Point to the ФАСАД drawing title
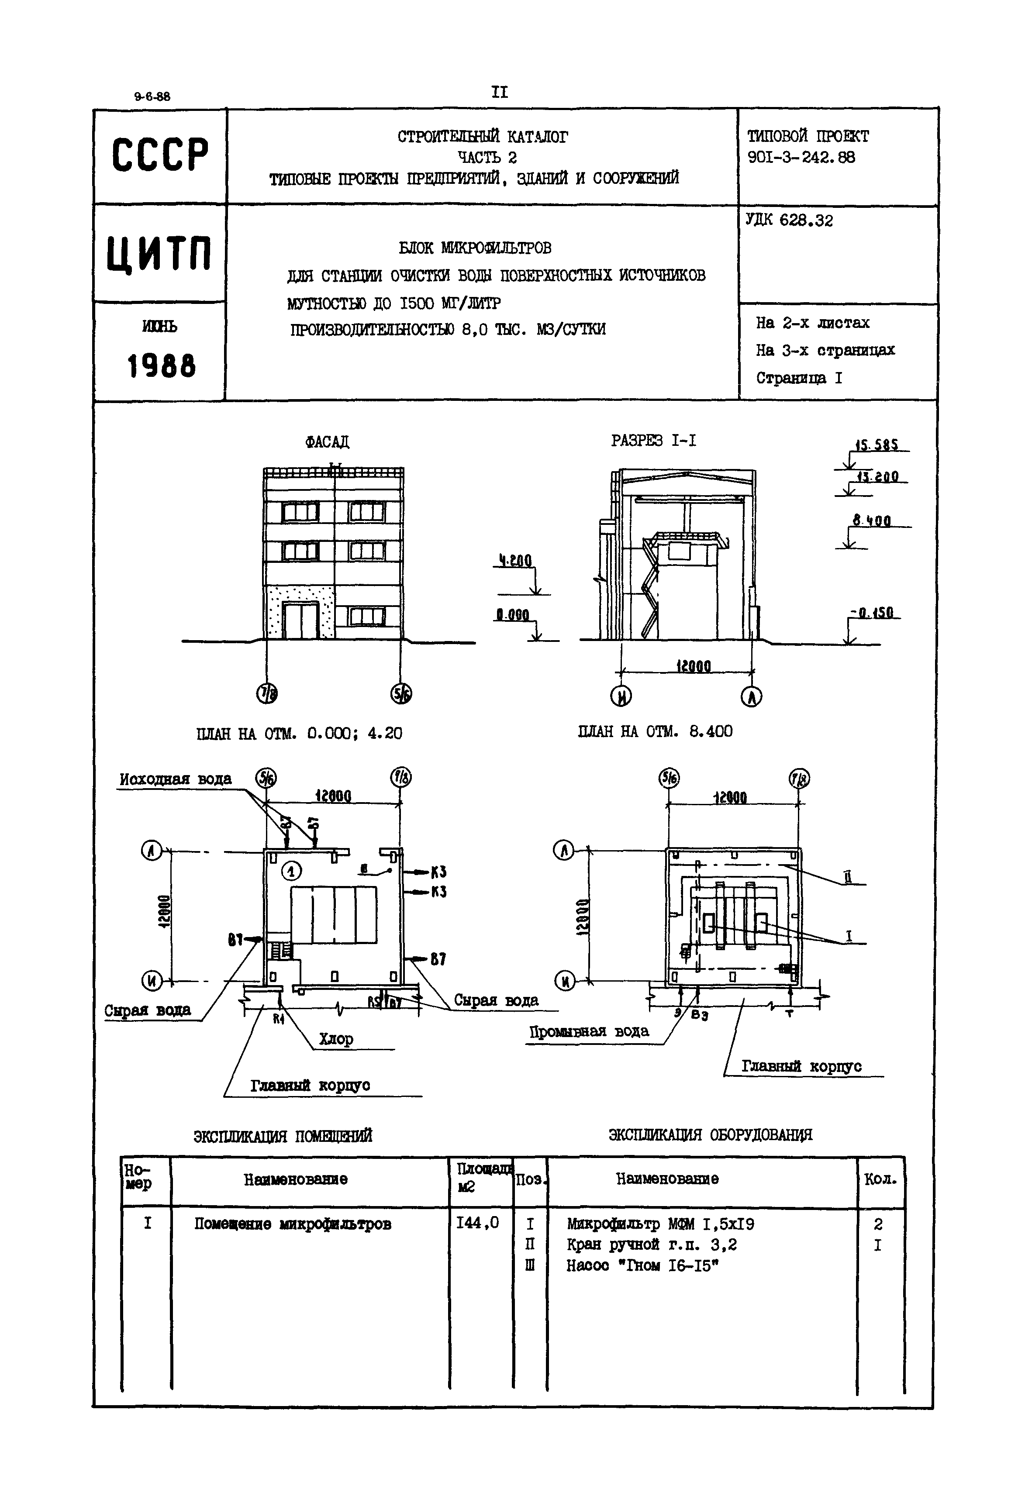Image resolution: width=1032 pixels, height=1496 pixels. (x=327, y=442)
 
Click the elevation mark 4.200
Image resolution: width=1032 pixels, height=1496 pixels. (x=515, y=561)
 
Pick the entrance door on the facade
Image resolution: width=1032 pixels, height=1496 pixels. (x=300, y=621)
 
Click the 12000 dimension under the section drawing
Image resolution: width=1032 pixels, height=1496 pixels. (x=693, y=666)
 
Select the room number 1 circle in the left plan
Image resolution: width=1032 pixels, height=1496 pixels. (x=292, y=872)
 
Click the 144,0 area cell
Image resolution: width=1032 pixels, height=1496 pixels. (x=478, y=1222)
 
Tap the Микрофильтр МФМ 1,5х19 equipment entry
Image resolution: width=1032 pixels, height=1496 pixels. (x=660, y=1224)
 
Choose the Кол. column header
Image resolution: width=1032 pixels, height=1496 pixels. (x=880, y=1179)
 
